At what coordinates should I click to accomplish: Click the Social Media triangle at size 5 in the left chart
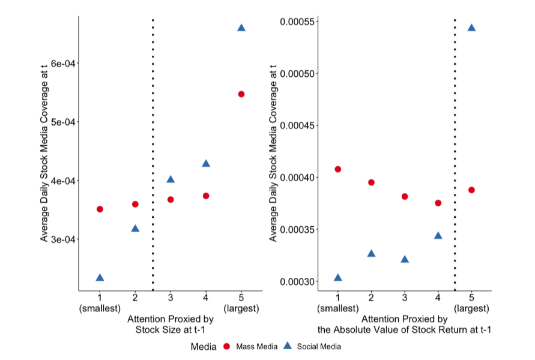[x=241, y=28]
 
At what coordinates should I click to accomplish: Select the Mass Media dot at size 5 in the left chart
[x=241, y=94]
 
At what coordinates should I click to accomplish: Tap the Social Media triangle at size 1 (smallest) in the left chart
[x=100, y=278]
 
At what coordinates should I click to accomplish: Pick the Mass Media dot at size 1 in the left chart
[x=100, y=209]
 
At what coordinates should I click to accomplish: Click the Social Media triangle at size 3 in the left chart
[x=171, y=179]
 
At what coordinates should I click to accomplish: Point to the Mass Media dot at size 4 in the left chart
[x=206, y=196]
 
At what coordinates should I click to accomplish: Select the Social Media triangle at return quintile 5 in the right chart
[x=471, y=28]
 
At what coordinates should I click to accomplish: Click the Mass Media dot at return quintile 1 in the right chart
[x=338, y=169]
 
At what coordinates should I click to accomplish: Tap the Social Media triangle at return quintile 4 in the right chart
[x=438, y=236]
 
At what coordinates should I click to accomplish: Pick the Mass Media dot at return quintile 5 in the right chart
[x=471, y=190]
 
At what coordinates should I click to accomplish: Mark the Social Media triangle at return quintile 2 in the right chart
[x=372, y=254]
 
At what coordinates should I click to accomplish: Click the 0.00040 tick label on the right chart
[x=298, y=178]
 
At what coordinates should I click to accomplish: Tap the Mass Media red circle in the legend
[x=227, y=346]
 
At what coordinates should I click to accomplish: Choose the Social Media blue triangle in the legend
[x=287, y=346]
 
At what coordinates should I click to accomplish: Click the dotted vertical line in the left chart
[x=153, y=150]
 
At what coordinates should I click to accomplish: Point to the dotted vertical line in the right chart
[x=455, y=150]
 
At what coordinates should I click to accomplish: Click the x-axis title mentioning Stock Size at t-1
[x=171, y=324]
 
